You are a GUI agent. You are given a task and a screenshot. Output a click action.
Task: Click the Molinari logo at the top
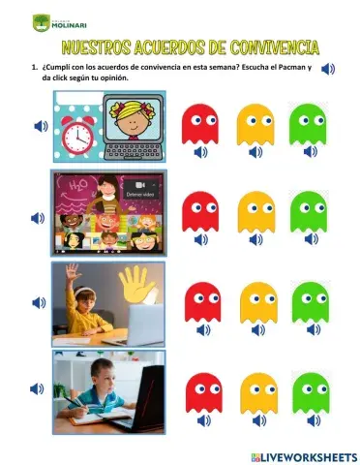point(57,21)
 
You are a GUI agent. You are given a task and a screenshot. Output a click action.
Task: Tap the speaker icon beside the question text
point(328,68)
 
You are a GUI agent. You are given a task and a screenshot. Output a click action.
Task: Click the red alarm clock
point(76,138)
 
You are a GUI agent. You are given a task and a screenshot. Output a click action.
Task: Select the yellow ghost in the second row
point(255,210)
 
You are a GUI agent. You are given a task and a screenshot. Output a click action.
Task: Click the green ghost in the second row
point(310,210)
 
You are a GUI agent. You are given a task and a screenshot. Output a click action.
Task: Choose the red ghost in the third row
point(202,301)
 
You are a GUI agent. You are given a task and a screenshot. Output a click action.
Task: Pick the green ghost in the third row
point(311,301)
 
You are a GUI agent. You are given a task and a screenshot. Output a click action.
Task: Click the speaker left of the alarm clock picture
point(39,126)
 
